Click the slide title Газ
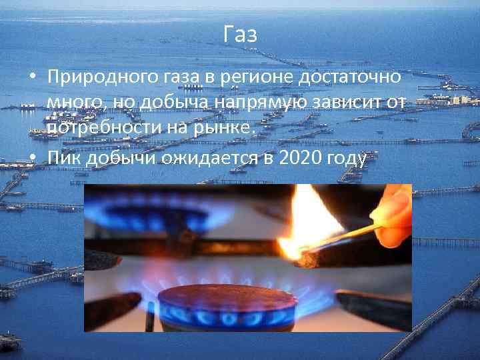click(x=240, y=35)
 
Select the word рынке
click(x=225, y=127)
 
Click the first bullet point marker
click(x=32, y=78)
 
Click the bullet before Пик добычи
click(x=32, y=159)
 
